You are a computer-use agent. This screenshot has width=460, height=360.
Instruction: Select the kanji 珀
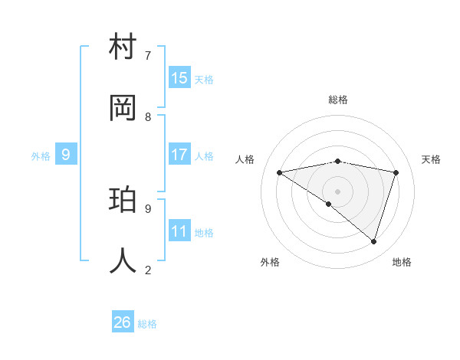click(x=123, y=200)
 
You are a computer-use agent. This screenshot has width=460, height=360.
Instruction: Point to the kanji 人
click(x=123, y=261)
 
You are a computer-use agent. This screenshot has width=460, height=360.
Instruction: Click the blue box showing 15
click(x=179, y=77)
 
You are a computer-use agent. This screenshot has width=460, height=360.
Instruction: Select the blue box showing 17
click(x=179, y=154)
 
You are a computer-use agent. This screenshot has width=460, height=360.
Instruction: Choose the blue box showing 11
click(x=179, y=231)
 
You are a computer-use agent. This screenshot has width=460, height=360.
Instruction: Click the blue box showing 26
click(x=123, y=322)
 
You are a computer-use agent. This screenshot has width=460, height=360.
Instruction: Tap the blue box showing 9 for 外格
click(x=66, y=155)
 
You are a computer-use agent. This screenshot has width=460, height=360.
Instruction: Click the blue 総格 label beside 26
click(x=147, y=324)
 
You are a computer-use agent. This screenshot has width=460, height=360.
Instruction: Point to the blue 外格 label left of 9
click(x=41, y=156)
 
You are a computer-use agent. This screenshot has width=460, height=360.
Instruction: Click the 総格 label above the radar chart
click(x=338, y=100)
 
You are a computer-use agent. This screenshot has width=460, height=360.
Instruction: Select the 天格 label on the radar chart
click(x=431, y=159)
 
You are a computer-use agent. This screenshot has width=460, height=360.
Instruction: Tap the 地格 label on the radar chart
click(x=402, y=262)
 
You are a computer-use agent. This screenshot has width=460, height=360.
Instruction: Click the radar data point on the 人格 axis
click(x=279, y=172)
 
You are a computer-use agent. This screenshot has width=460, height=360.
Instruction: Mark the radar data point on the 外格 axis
click(x=329, y=204)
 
